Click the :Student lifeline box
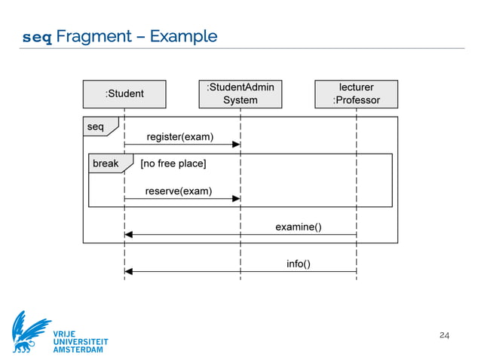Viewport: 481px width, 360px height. pos(124,94)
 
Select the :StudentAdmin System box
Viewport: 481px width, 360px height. pos(240,94)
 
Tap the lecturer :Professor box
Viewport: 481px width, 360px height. pos(356,94)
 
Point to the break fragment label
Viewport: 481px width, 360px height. pos(106,163)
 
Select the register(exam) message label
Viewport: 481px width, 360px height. pos(179,137)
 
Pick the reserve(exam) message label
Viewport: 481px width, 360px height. pos(179,191)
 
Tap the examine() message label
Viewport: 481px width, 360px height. pos(299,226)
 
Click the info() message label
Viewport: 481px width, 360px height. pos(299,264)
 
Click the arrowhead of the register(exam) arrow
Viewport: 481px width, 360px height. pos(236,145)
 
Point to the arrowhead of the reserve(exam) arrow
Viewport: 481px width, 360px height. pos(236,198)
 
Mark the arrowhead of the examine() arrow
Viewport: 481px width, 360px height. pos(129,234)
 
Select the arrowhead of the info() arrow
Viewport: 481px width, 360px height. pos(129,271)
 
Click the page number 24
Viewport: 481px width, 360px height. pos(444,334)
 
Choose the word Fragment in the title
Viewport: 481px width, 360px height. pos(100,36)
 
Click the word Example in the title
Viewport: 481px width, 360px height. pos(183,36)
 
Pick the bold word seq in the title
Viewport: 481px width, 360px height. pos(38,37)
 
